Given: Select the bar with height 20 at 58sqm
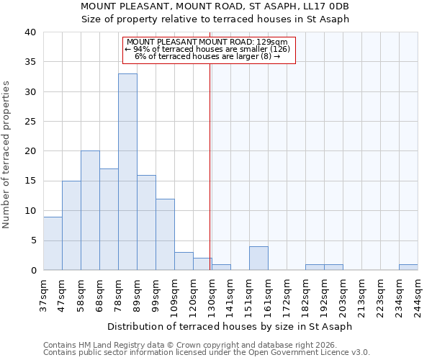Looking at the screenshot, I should [90, 210].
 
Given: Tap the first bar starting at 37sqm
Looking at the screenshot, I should [53, 243].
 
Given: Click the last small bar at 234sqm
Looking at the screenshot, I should [408, 267].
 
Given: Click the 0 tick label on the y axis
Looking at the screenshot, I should [33, 271].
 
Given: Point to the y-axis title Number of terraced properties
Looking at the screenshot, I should [6, 155].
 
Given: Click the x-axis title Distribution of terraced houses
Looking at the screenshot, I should [235, 326].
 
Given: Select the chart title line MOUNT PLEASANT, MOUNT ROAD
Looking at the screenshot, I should [215, 6].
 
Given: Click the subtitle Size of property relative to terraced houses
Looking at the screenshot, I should [215, 19].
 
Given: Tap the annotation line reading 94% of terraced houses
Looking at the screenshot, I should [207, 49].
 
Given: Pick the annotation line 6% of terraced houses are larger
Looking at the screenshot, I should [207, 56].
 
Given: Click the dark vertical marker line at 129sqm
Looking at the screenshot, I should [210, 180].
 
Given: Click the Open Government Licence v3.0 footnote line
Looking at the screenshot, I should [207, 353].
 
